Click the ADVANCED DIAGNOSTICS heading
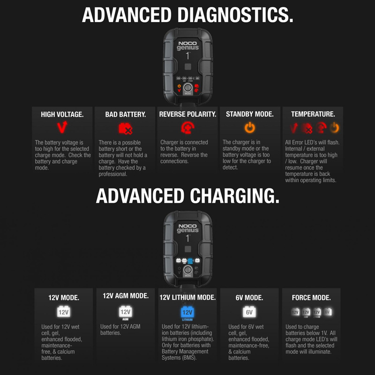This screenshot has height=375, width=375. click(x=187, y=15)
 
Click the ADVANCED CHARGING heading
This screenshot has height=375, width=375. click(x=187, y=195)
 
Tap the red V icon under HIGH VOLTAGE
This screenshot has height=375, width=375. click(x=62, y=127)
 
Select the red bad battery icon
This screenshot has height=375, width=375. click(x=125, y=127)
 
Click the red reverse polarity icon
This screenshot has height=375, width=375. click(x=187, y=127)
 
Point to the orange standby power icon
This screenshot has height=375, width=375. click(x=250, y=127)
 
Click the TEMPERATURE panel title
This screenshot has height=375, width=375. click(x=313, y=114)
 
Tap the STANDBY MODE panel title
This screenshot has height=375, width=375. click(x=250, y=114)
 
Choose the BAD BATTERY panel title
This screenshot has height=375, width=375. click(x=125, y=114)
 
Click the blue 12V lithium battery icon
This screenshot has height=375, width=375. click(x=187, y=312)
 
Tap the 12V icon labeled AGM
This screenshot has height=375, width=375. click(x=125, y=312)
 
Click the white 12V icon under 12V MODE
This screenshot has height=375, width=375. click(x=63, y=312)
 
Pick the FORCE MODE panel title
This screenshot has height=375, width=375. click(x=311, y=298)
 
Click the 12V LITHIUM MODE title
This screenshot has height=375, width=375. click(x=187, y=297)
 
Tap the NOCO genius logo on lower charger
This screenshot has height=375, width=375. click(x=188, y=227)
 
